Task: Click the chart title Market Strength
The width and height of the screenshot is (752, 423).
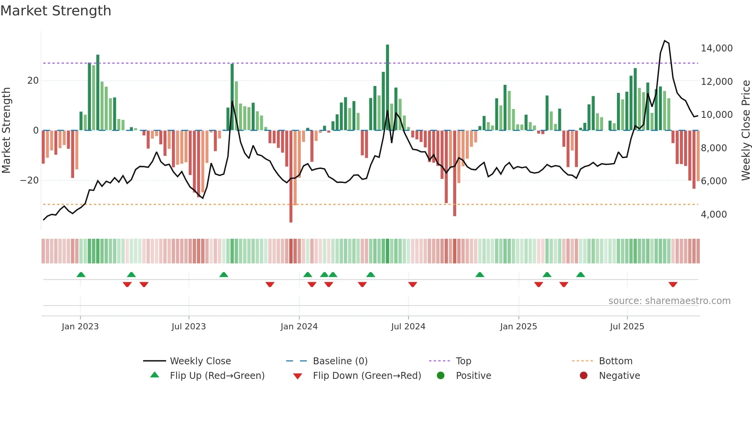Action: (56, 11)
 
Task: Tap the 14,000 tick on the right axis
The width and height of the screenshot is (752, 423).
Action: (716, 48)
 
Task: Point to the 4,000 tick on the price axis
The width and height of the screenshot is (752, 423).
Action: (714, 215)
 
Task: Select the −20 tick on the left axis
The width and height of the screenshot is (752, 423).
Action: (30, 180)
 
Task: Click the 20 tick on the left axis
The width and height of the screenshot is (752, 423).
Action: (33, 81)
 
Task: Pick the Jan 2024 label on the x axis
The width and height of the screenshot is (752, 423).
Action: (299, 327)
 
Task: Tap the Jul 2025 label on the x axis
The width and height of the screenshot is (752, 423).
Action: (627, 327)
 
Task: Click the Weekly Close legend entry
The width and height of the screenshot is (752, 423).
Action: (200, 361)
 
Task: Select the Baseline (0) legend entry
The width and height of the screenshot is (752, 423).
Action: (340, 361)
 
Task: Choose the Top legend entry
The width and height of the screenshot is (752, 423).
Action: (463, 361)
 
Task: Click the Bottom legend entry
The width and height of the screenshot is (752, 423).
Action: (615, 361)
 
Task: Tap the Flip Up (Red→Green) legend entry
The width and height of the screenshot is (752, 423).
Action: (217, 376)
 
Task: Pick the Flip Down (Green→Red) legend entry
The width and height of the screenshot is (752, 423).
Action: (366, 376)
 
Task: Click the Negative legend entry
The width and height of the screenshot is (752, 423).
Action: (619, 376)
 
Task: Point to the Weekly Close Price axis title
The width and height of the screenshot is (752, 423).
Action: (745, 130)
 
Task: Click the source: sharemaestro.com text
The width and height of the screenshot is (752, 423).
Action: (669, 301)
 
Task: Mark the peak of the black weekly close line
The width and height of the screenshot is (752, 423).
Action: (665, 41)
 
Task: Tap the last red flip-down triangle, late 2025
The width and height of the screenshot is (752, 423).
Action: (673, 284)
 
